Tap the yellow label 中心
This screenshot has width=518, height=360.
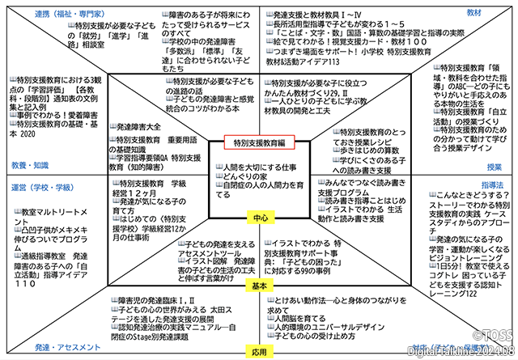(259, 218)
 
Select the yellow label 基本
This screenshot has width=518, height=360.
(259, 287)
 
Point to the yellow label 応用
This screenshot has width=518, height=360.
(259, 353)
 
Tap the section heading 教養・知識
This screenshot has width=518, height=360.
(27, 165)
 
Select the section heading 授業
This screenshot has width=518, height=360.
(494, 167)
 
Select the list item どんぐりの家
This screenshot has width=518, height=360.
(244, 176)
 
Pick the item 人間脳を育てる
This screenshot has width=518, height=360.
(299, 319)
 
